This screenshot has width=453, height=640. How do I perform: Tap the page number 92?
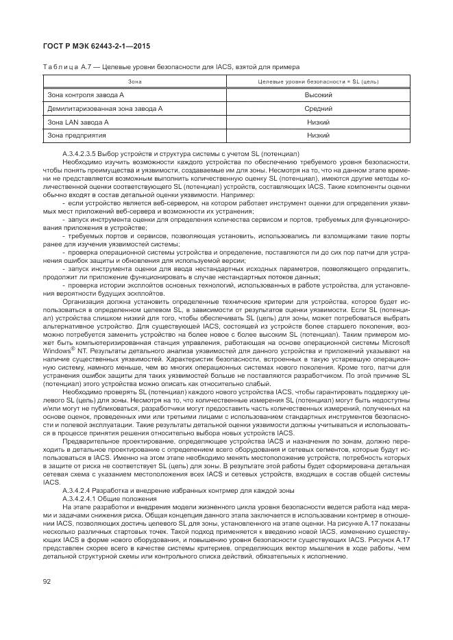[46, 583]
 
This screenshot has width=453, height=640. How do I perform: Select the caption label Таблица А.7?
[61, 67]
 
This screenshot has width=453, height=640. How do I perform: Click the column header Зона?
[135, 81]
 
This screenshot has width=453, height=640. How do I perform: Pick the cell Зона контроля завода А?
[85, 95]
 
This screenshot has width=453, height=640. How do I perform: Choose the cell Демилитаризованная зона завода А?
[104, 108]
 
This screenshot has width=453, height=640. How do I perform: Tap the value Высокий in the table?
[318, 95]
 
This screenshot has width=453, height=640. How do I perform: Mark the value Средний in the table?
[318, 108]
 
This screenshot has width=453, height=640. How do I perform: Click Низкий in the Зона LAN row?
[318, 122]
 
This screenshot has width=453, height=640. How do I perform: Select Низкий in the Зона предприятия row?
[318, 135]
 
